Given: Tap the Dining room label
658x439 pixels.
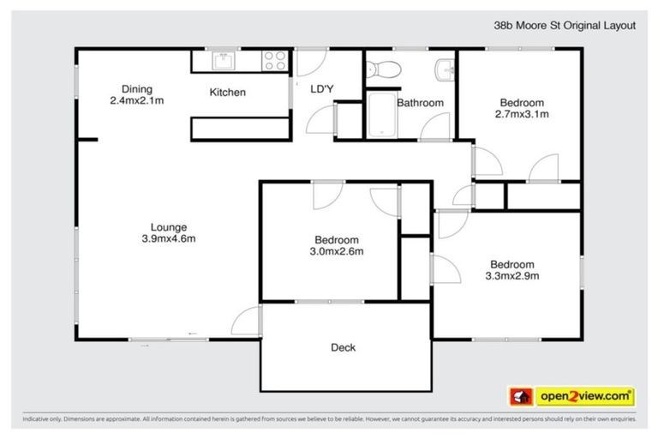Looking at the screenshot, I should [136, 89].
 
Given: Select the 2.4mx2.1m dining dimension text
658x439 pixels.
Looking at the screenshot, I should [136, 100].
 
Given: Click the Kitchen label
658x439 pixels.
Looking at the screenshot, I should [228, 93].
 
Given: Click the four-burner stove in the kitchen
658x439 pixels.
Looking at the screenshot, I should [273, 62].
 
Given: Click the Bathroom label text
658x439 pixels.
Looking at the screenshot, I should [420, 103].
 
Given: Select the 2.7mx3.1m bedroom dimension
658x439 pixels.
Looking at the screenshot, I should [522, 113].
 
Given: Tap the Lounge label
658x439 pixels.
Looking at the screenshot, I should [169, 227].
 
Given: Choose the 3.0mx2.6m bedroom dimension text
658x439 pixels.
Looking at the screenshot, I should [337, 251].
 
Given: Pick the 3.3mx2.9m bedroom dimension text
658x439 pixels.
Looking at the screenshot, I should [511, 275].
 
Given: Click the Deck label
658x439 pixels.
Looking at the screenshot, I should [343, 347].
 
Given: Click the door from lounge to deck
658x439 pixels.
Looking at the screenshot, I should [247, 321].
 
